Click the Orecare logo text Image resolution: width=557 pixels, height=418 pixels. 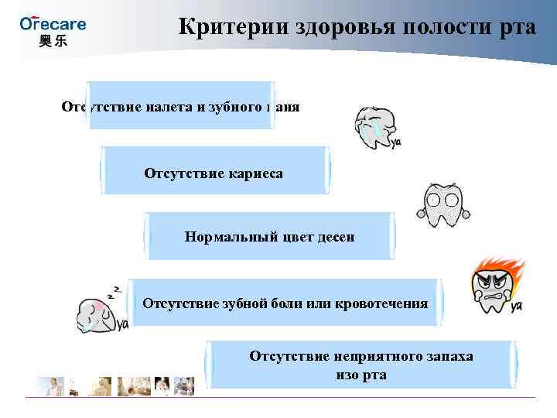point(53,23)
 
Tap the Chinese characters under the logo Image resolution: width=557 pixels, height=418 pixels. point(53,41)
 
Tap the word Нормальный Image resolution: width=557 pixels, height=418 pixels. point(230,236)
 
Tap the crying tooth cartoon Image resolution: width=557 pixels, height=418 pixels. point(377,126)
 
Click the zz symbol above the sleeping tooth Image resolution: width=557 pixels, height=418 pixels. point(115,292)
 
